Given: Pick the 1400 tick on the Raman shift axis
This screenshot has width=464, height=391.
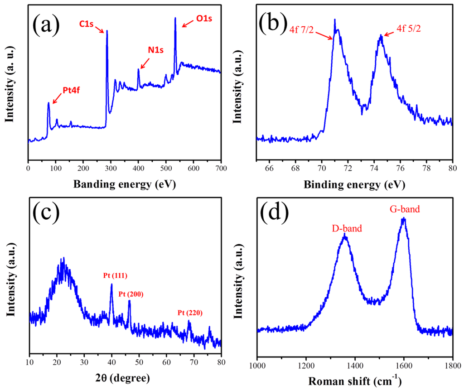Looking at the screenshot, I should coord(355,363).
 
